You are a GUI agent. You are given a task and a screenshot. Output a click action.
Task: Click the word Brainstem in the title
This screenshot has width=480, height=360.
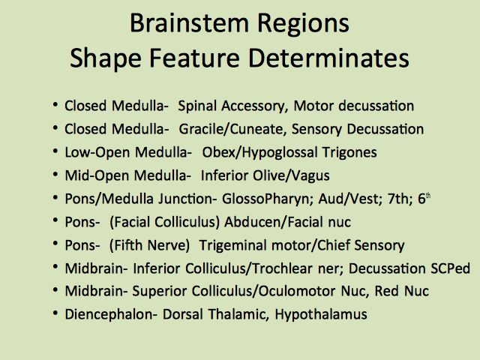tap(189, 23)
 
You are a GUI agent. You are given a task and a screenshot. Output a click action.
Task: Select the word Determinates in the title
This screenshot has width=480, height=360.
tap(328, 58)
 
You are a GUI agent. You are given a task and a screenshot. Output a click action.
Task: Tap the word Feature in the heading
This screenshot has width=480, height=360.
tap(194, 58)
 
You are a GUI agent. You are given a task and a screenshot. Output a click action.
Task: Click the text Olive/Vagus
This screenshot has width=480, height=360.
tap(291, 175)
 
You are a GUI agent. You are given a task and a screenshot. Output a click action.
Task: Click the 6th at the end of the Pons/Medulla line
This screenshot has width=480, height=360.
tap(424, 199)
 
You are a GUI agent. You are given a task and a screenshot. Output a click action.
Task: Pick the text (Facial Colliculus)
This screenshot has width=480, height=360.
tap(165, 222)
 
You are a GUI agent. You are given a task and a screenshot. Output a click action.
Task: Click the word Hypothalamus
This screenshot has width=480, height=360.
tap(321, 315)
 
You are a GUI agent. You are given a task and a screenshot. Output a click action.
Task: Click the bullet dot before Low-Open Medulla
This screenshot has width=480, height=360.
tap(55, 151)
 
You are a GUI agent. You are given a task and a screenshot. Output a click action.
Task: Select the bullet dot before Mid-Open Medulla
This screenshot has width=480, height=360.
tap(55, 175)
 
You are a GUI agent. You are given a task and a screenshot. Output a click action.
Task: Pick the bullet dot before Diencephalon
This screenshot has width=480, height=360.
tap(55, 313)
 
